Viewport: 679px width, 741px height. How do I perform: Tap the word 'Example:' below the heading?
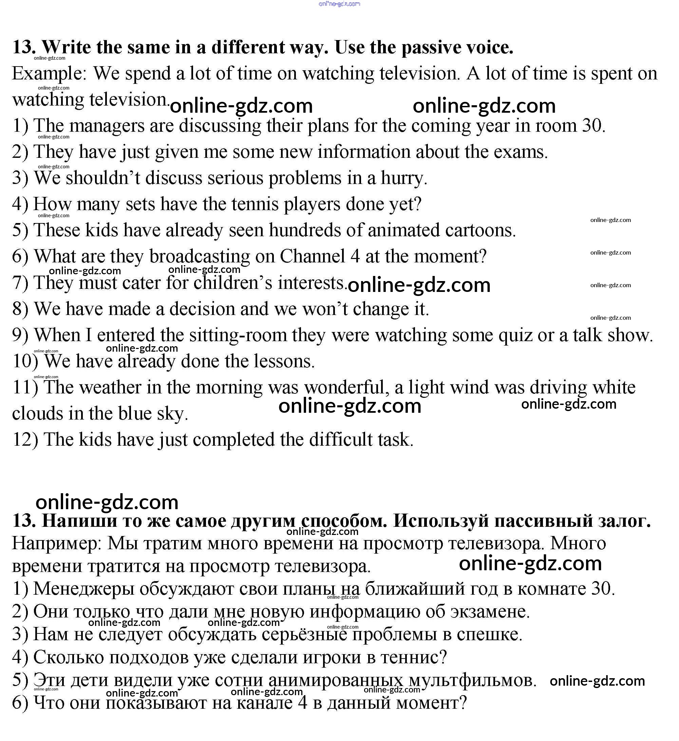pos(49,74)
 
